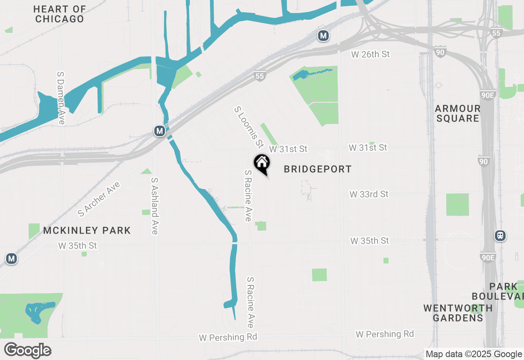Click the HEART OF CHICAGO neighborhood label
coord(60,14)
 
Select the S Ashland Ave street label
coord(154,206)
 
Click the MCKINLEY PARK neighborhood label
coord(87,230)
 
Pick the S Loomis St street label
coord(248,127)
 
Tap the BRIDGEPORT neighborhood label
coord(318,169)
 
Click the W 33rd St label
coord(369,194)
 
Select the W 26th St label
coord(370,54)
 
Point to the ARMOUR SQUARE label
coord(457,113)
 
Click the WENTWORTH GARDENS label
coord(458,313)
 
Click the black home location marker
coord(262,164)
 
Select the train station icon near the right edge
coord(500,236)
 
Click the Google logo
coord(27,351)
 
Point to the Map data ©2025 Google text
coord(474,354)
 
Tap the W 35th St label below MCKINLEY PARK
coord(78,246)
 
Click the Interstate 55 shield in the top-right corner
coord(497,33)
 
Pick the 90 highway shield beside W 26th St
coord(440,52)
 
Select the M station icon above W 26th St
coord(323,36)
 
